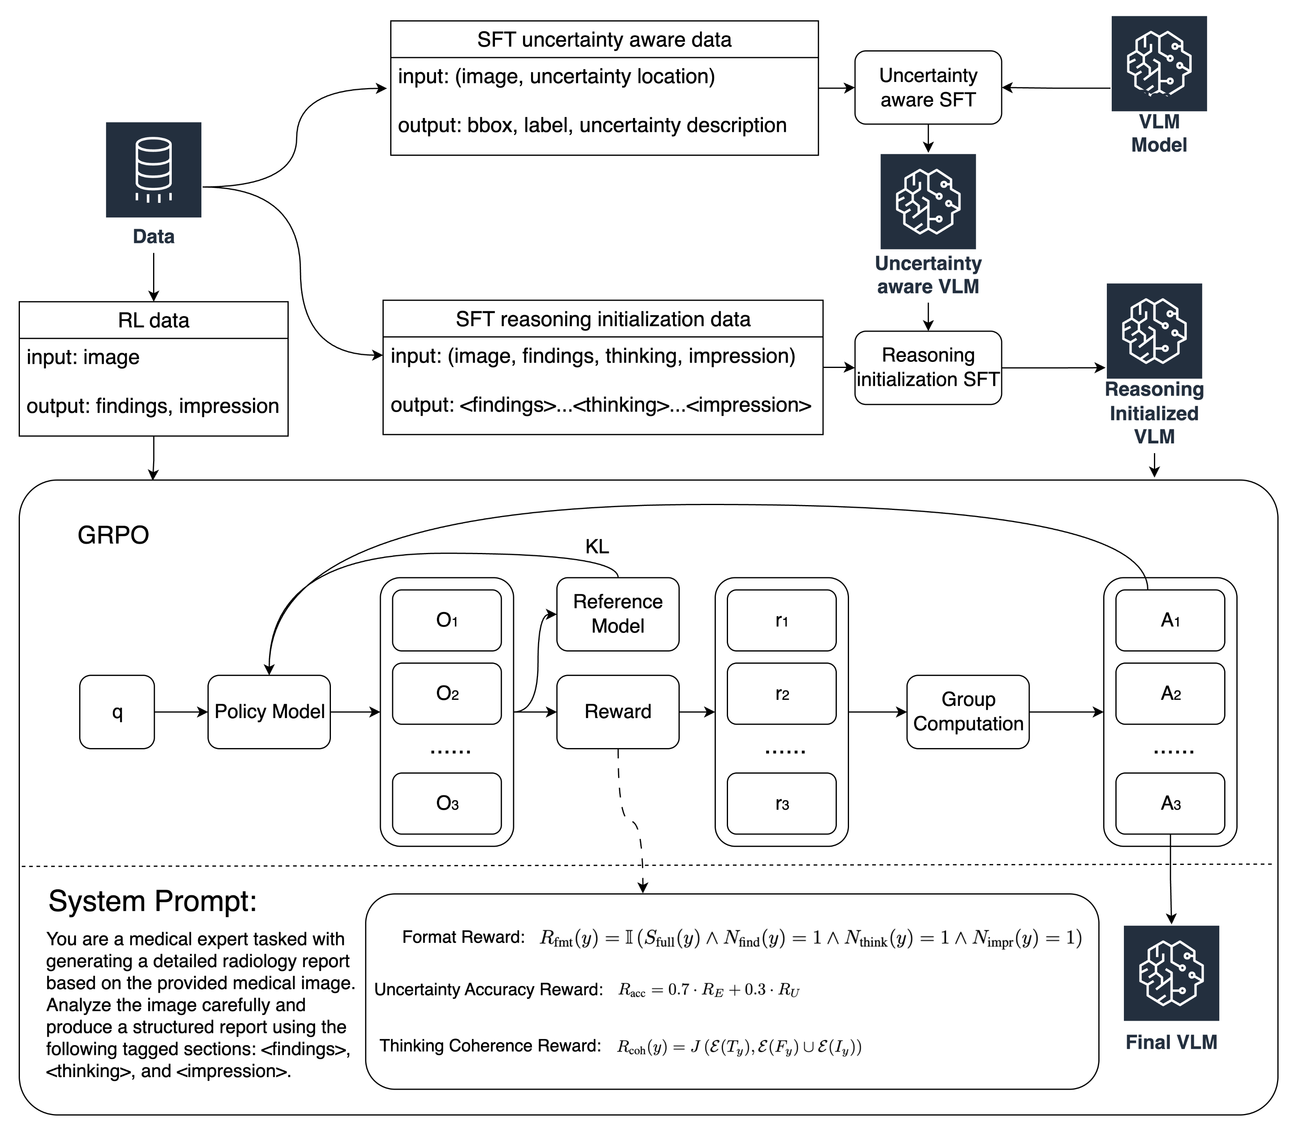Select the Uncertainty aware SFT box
point(928,87)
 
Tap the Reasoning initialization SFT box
point(928,367)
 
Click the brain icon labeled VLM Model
point(1158,64)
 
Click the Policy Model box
point(269,712)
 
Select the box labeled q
point(117,712)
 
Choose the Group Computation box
point(968,712)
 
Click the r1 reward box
point(782,621)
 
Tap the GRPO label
point(113,535)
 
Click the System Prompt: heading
point(153,901)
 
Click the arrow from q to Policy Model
point(181,712)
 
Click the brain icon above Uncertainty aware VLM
point(928,201)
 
